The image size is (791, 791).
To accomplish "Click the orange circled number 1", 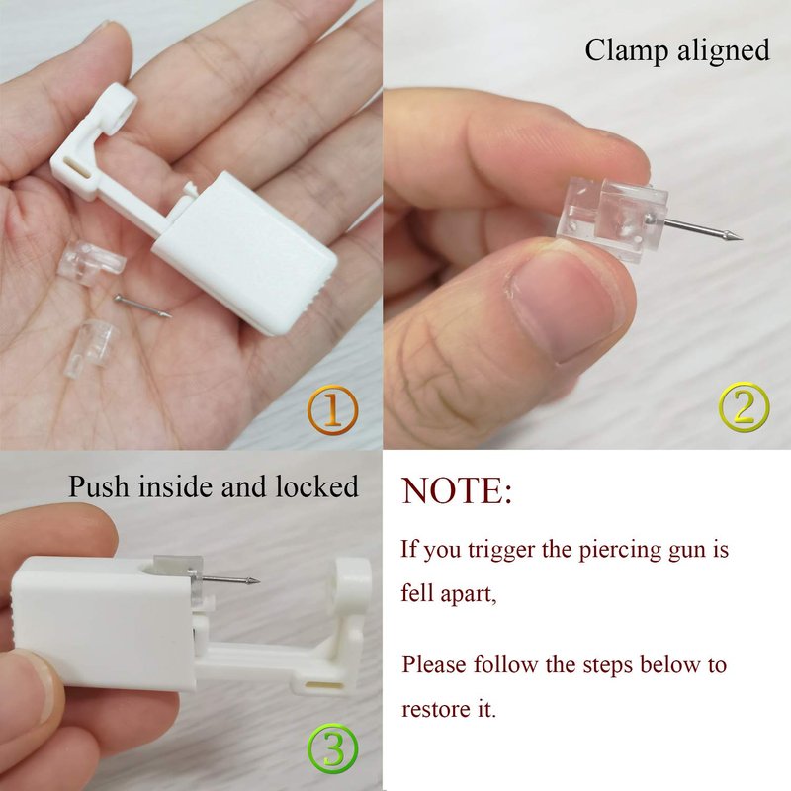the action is click(x=333, y=410).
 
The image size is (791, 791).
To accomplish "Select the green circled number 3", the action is click(x=333, y=748).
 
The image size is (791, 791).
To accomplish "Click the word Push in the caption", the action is click(x=98, y=486).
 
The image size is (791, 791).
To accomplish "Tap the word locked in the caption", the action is click(x=316, y=486).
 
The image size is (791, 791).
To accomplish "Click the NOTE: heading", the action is click(x=457, y=490).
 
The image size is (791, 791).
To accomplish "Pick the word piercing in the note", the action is click(x=620, y=550).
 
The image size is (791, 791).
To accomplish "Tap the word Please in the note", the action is click(x=434, y=664).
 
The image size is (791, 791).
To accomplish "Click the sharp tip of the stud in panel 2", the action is click(x=741, y=238).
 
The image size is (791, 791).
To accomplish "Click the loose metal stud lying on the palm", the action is click(x=142, y=307).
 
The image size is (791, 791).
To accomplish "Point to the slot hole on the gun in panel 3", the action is click(x=323, y=686).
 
